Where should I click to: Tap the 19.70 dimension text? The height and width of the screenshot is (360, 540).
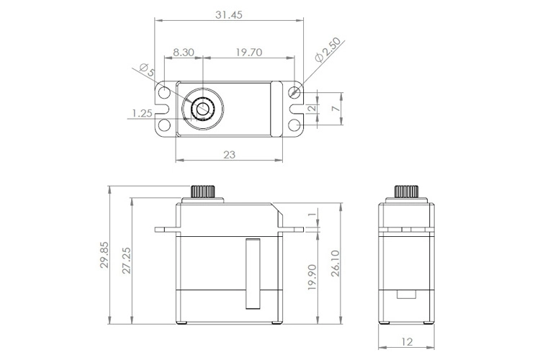pos(248,52)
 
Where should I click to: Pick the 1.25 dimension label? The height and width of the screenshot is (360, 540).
pos(142,113)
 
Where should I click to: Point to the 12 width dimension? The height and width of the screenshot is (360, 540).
pos(408,343)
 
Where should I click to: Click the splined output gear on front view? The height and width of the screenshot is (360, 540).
pos(207,193)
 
